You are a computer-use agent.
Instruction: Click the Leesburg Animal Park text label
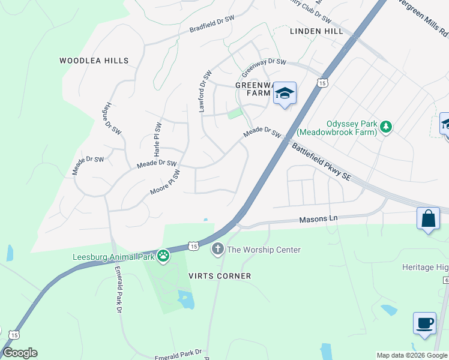coord(113,257)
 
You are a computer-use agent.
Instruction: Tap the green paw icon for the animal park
coord(163,257)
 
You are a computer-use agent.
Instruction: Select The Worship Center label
coord(264,250)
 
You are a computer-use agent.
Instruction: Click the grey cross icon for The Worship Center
coord(217,248)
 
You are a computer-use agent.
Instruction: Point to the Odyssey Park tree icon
coord(386,127)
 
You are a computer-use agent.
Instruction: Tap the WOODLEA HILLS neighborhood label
coord(94,61)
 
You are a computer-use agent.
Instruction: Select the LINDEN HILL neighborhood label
coord(316,31)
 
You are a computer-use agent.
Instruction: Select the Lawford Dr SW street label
coord(205,91)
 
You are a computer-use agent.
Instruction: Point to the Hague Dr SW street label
coord(108,117)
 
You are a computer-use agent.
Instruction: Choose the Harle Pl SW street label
coord(157,140)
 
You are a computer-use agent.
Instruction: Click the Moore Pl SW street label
coord(165,184)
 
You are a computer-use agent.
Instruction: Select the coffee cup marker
coord(424,323)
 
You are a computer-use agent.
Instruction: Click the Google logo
coord(20,353)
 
